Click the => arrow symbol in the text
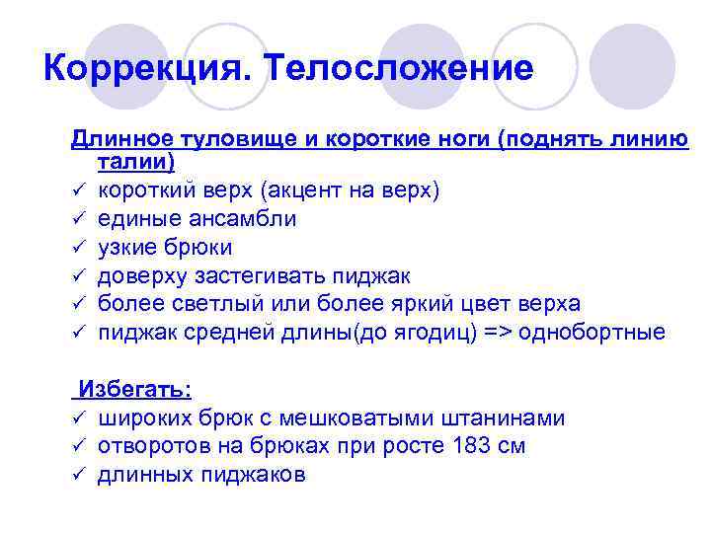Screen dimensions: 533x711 (500, 332)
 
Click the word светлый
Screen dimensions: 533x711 (217, 303)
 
